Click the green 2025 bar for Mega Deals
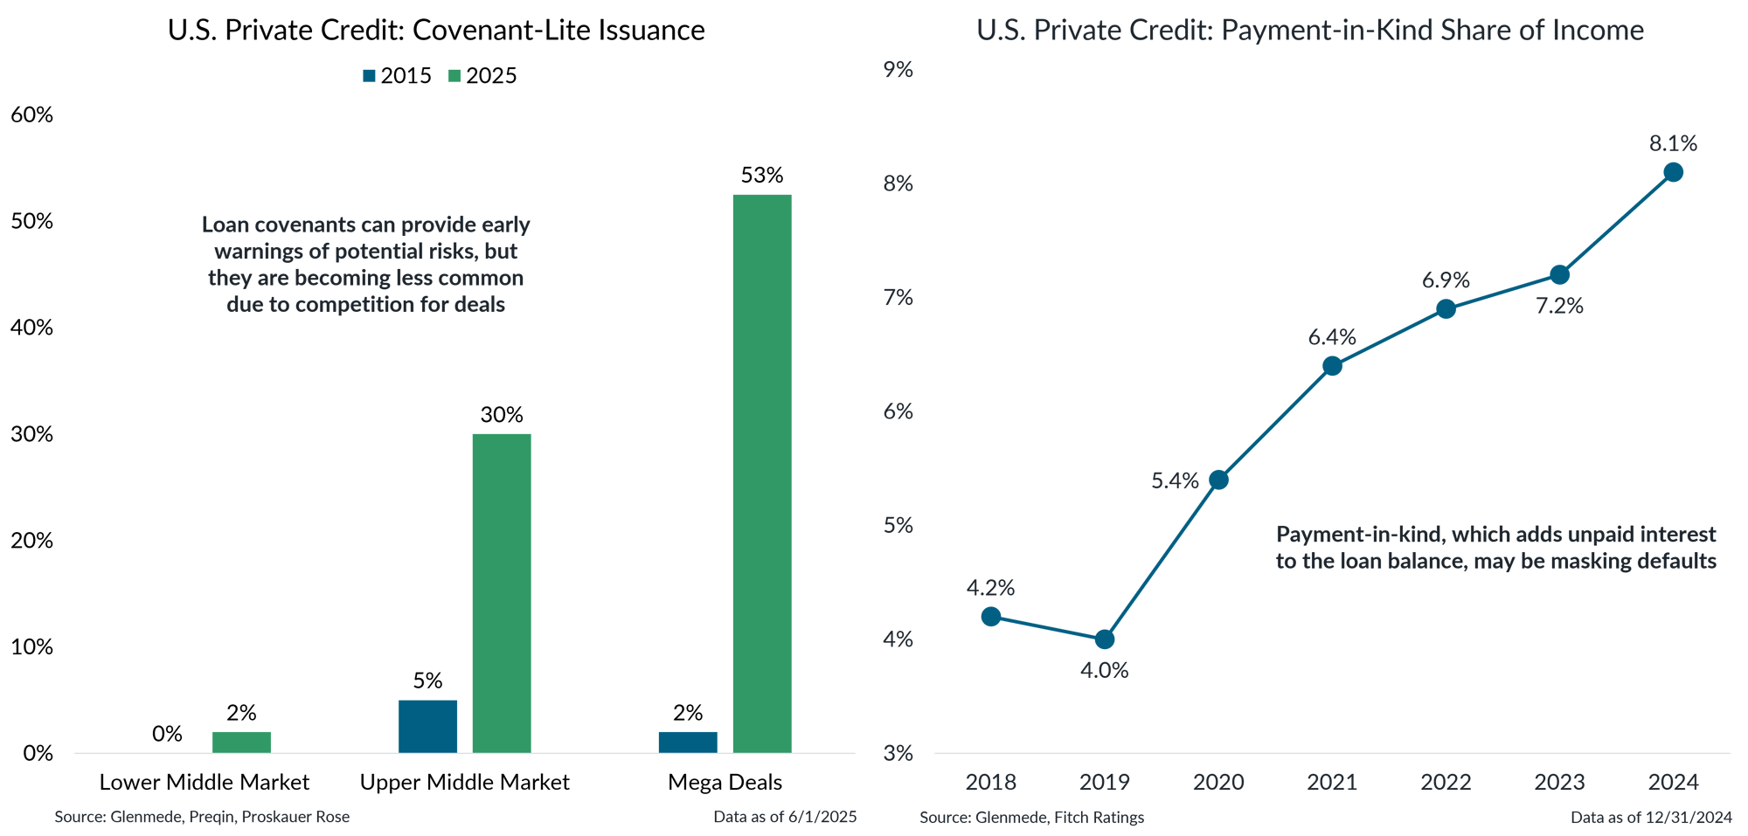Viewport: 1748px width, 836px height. [761, 473]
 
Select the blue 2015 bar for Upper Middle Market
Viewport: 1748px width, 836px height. [427, 726]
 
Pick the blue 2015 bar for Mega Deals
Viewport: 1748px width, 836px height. [687, 742]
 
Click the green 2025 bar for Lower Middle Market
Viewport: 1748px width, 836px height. [241, 742]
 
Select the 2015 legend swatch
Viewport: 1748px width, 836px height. [370, 76]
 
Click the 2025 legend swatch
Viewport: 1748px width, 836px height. [454, 76]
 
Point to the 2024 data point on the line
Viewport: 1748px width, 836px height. [1673, 172]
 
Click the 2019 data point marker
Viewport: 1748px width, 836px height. [1105, 639]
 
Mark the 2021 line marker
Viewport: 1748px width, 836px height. [1332, 366]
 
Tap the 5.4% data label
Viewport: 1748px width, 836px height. [1175, 480]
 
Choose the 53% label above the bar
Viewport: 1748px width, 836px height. [761, 176]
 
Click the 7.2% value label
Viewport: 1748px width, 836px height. [1560, 306]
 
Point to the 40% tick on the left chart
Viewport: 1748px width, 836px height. [31, 328]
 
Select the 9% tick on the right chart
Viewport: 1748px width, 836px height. [898, 70]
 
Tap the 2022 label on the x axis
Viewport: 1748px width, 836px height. [1446, 782]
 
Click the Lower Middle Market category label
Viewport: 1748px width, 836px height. [205, 782]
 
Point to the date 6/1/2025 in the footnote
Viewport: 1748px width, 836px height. [822, 817]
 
